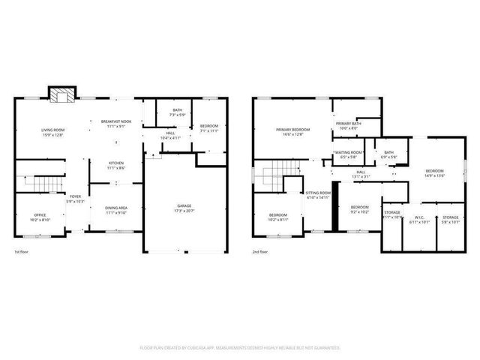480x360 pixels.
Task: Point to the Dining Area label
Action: pyautogui.click(x=115, y=209)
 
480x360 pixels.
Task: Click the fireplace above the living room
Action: pyautogui.click(x=61, y=95)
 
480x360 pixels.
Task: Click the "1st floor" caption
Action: pyautogui.click(x=22, y=251)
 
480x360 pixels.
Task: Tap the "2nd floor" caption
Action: pyautogui.click(x=259, y=251)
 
